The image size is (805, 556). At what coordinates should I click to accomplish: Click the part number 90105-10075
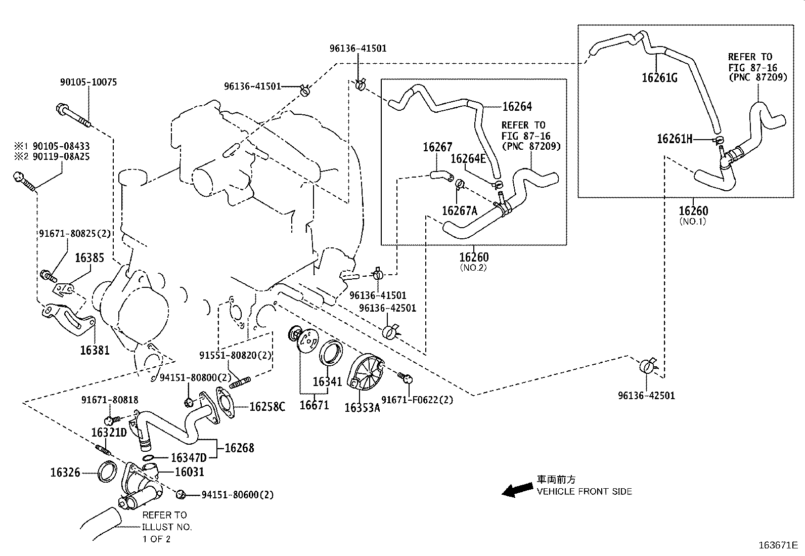[x=88, y=82]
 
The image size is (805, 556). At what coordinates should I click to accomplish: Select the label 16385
[x=90, y=258]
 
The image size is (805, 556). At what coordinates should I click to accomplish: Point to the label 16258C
[x=267, y=407]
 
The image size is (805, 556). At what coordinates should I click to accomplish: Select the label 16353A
[x=362, y=407]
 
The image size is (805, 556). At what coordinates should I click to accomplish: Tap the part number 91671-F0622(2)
[x=417, y=400]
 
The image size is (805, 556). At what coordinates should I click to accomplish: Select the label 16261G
[x=659, y=77]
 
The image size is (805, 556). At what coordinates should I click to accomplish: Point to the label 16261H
[x=675, y=138]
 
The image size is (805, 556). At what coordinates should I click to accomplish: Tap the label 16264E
[x=468, y=159]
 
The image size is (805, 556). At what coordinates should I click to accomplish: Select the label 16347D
[x=189, y=458]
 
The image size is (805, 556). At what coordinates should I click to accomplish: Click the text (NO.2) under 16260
[x=473, y=267]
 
